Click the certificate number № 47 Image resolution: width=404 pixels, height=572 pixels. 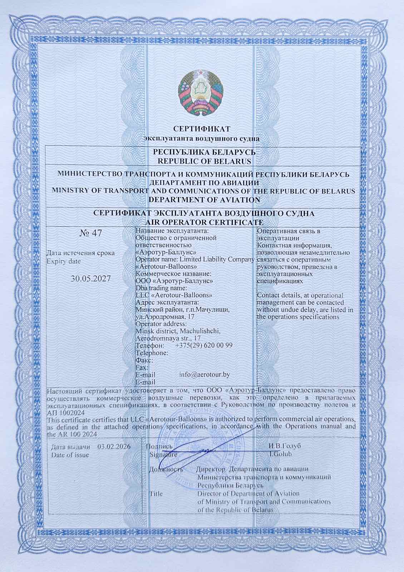pos(90,234)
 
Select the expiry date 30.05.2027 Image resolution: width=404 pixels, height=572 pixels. pos(90,279)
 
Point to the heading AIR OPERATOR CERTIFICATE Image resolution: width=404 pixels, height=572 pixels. pos(203,222)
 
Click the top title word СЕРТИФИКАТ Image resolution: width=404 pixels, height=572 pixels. pos(202,128)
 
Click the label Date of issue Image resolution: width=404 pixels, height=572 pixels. pos(70,455)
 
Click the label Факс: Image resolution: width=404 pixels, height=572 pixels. pos(145,360)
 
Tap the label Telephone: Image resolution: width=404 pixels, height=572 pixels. pos(152,353)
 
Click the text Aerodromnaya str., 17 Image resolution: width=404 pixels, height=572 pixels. pos(168,338)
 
